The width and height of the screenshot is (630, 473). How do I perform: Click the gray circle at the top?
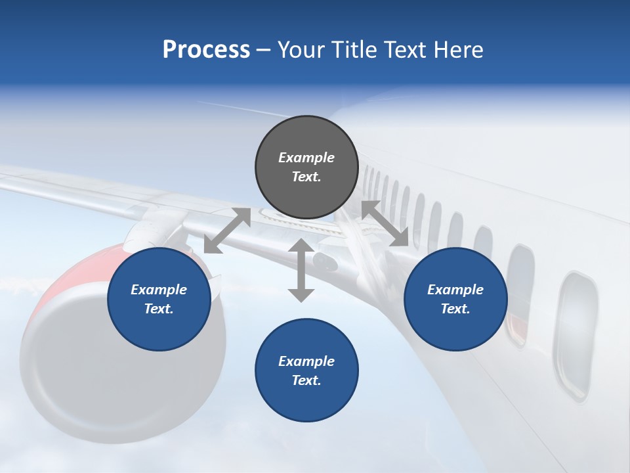coord(306,168)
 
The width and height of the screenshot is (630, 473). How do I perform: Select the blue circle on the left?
coord(159,299)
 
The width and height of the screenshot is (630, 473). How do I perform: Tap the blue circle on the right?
coord(455,299)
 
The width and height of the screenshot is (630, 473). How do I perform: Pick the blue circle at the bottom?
coord(306,371)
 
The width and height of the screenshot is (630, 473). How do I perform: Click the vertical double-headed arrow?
coord(301,271)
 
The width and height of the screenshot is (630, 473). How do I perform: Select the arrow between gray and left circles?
coord(227,231)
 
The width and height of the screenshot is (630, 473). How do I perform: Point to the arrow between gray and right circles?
coord(385,224)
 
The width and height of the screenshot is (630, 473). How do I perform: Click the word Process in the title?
coord(206,50)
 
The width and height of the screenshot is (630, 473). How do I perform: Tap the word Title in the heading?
coord(354,50)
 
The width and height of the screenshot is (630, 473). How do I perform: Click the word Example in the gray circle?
coord(306,158)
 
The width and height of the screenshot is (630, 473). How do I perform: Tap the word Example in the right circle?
coord(455,290)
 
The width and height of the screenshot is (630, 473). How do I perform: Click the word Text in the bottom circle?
coord(305,380)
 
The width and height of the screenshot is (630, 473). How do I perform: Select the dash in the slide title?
coord(263,50)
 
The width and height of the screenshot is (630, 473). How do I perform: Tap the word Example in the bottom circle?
coord(306,361)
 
